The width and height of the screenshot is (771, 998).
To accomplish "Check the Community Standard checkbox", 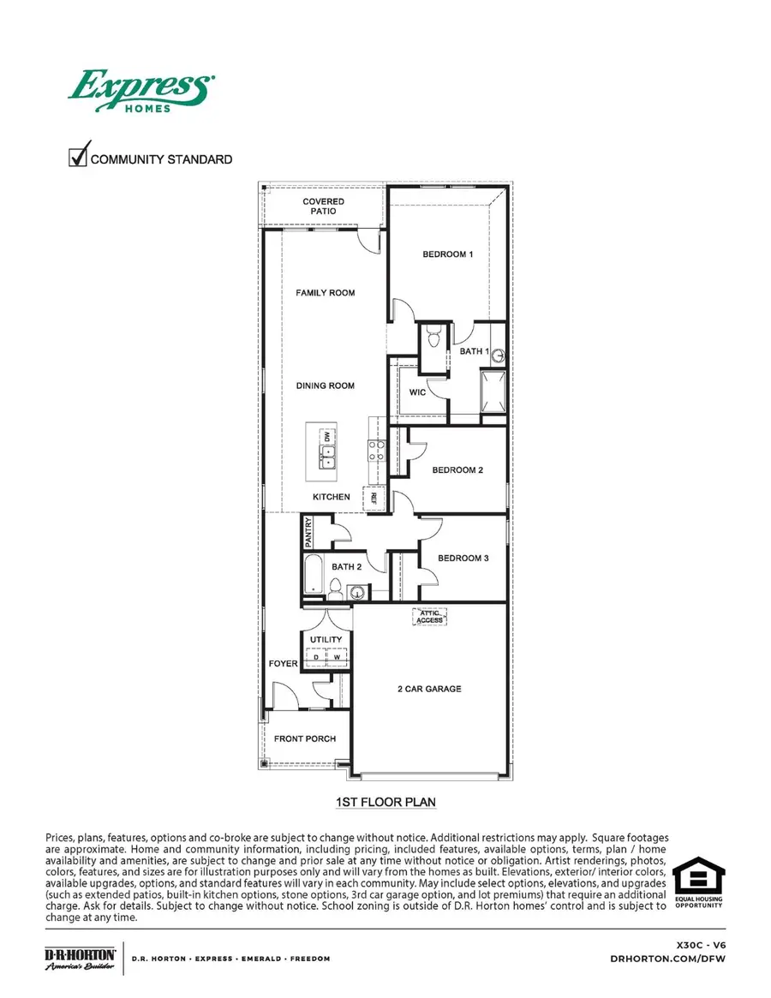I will pos(78,158).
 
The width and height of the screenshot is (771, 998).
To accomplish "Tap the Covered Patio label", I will pos(324,206).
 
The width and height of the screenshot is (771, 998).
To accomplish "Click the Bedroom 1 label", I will pos(447,254).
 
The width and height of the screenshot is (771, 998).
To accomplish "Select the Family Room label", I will pos(326,293).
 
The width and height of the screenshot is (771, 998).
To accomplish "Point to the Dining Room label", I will pos(326,385).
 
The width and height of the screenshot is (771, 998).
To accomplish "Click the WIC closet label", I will pos(418,392).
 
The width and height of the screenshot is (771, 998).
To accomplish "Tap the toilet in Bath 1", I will pos(433,339).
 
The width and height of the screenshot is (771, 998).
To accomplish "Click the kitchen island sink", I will pos(327,455).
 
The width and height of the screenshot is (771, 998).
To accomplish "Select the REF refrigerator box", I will pos(374,498).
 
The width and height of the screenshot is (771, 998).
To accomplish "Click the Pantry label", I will pos(308,532).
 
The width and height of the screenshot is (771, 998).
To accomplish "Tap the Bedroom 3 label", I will pos(463,559).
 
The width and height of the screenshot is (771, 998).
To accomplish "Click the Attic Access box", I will pos(429,616).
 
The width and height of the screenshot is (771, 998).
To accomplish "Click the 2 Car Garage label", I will pos(429,689).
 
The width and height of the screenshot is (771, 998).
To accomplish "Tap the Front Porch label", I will pos(305,738).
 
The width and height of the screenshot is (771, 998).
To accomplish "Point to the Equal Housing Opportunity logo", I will pos(698,883).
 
